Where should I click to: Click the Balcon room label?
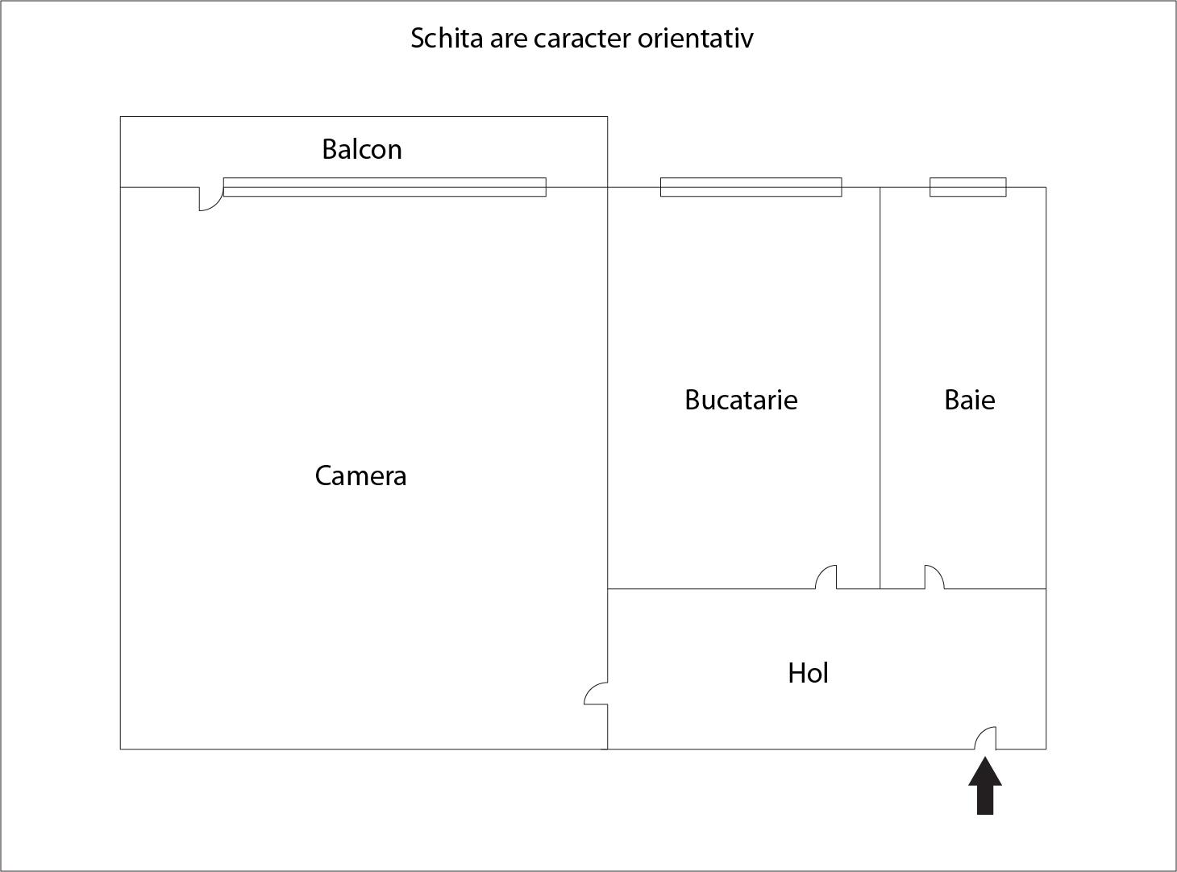point(361,150)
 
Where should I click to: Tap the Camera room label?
point(360,476)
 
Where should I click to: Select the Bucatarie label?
point(741,401)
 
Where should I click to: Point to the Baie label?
point(969,401)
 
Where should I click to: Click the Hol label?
point(808,673)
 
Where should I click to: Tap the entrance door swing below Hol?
point(986,738)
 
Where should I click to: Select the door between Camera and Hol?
point(597,693)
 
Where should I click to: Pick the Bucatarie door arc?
point(826,577)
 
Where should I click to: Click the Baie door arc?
point(934,577)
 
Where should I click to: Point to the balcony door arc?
point(210,198)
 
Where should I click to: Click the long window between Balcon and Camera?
point(385,187)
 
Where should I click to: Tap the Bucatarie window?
point(751,187)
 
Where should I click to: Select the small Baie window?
point(967,187)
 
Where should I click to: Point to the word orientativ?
point(695,39)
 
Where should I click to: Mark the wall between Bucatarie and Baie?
point(880,363)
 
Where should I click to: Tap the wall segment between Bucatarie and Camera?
point(607,387)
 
